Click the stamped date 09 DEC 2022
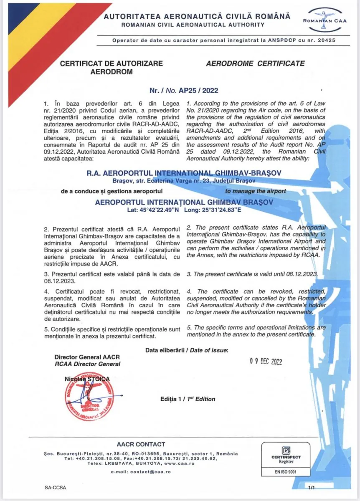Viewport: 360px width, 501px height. coord(266,362)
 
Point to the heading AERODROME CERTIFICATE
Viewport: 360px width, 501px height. coord(255,64)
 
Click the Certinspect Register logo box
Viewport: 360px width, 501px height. coord(286,460)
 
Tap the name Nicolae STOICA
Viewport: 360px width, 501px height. coord(87,378)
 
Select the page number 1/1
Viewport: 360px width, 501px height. coord(312,487)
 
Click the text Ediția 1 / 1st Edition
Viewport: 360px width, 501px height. coord(188,399)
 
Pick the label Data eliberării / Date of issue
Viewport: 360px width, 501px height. coord(187,350)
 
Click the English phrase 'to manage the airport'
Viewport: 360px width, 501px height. coord(256,191)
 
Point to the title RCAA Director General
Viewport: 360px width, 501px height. coord(87,364)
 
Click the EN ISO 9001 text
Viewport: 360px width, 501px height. coord(286,472)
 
